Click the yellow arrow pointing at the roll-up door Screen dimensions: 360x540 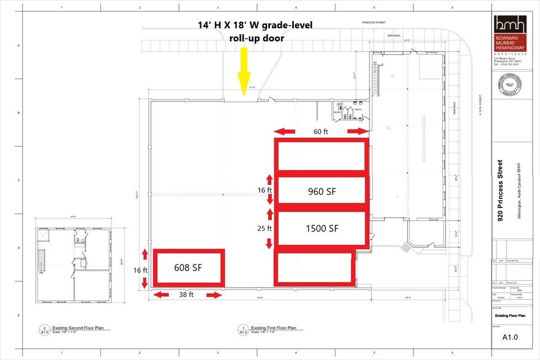click(244, 70)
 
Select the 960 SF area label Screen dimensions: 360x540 click(322, 190)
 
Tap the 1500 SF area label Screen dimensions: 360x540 click(322, 228)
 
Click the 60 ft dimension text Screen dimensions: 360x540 click(321, 131)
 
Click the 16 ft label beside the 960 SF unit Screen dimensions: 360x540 click(264, 190)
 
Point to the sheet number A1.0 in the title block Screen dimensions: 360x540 click(509, 336)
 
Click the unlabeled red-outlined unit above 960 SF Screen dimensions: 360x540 click(322, 156)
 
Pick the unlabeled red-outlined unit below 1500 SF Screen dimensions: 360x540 click(315, 268)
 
